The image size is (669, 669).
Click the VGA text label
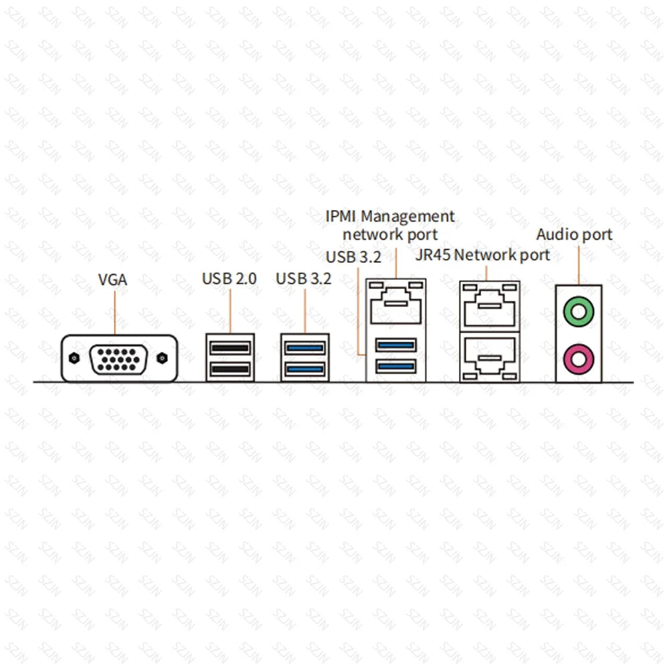112,280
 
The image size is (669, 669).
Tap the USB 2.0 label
229,278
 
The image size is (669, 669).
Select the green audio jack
579,310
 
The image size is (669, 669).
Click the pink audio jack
579,359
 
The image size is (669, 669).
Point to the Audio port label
574,235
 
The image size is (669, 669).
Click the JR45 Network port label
482,255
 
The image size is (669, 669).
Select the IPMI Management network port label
390,225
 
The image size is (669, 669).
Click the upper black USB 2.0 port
229,348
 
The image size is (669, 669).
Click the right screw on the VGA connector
162,359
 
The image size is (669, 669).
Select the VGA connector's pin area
118,359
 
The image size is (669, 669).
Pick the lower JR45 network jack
490,357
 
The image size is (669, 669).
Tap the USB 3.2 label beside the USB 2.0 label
304,278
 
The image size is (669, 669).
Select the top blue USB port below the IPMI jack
396,345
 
